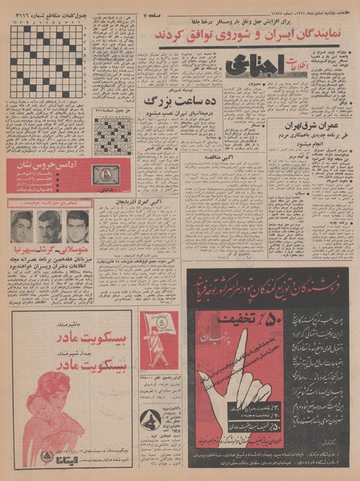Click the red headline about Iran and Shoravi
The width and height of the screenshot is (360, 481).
(244, 36)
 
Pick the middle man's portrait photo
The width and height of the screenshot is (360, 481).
(50, 226)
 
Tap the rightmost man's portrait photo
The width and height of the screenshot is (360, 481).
(78, 226)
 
